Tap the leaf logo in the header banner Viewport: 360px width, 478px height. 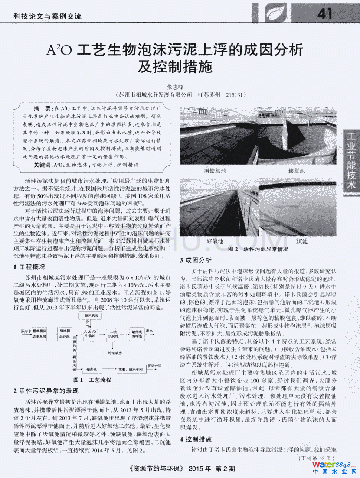[275, 13]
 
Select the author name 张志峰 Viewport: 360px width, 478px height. [175, 87]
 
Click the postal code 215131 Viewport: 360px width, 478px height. [236, 95]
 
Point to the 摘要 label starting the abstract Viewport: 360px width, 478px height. [42, 108]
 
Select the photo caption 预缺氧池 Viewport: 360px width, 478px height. [215, 171]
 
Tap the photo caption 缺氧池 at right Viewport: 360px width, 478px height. [296, 171]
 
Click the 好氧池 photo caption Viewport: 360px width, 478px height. [215, 241]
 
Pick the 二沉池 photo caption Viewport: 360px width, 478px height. [299, 241]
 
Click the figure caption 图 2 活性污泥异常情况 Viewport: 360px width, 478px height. [258, 249]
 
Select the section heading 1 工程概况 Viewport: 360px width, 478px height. [29, 267]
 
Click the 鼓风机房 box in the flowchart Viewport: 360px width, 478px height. [91, 316]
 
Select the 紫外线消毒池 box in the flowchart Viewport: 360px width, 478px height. [137, 334]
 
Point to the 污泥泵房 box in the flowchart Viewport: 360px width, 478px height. [115, 353]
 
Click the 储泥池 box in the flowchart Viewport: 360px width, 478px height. [91, 370]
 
